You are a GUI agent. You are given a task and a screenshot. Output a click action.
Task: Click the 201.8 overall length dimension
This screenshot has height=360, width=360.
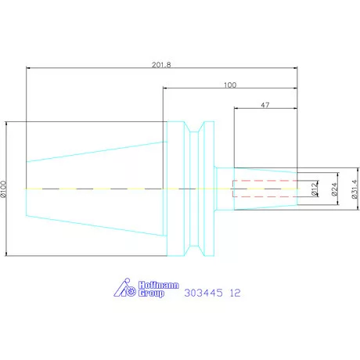(161, 64)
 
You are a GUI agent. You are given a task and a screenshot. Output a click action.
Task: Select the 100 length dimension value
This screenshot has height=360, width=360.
(230, 85)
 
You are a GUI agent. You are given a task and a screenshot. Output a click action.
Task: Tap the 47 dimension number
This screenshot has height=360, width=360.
(265, 105)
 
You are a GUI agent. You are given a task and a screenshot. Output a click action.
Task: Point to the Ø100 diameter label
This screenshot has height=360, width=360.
(3, 189)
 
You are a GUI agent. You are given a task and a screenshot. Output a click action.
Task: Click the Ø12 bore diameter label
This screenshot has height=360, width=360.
(315, 189)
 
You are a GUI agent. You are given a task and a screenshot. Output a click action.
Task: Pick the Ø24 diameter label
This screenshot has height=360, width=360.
(334, 189)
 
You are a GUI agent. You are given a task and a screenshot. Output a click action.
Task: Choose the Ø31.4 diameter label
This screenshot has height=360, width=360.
(355, 189)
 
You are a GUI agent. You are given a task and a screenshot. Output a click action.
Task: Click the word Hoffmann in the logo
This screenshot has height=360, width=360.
(159, 285)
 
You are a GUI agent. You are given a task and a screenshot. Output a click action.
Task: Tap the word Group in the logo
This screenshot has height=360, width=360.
(151, 293)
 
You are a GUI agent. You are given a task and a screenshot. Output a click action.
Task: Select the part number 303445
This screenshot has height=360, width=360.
(203, 293)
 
